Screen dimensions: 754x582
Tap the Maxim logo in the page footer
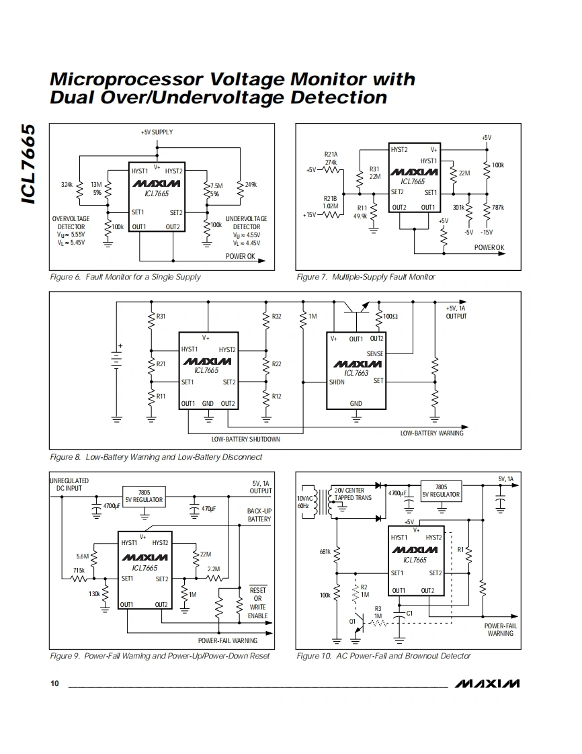point(487,683)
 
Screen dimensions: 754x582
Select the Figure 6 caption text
point(125,277)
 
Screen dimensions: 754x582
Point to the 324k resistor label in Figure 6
point(67,184)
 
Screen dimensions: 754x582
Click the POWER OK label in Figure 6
point(241,257)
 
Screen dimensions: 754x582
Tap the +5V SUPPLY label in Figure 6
point(157,132)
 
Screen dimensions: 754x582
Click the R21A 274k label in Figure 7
point(331,158)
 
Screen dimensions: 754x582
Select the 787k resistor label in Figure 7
point(498,207)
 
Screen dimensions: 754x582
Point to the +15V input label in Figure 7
point(309,215)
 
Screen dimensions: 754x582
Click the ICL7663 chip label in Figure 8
point(356,373)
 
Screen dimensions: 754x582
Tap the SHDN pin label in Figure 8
point(337,382)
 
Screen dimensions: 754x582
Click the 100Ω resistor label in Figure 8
point(390,316)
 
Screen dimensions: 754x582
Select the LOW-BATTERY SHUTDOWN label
point(245,439)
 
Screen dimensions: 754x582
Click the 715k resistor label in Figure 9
point(79,570)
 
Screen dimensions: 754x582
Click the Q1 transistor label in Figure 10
point(352,621)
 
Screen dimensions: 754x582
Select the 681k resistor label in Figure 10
point(325,552)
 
